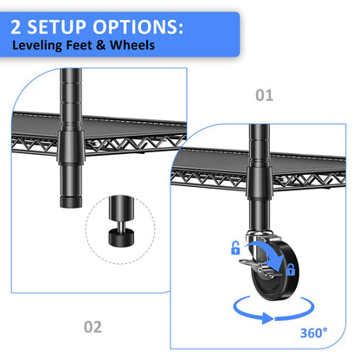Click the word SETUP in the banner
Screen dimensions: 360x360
57,27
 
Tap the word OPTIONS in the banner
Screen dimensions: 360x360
138,27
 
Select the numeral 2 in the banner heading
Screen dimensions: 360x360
16,27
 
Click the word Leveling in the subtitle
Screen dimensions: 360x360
37,45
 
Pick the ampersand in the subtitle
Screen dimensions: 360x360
101,45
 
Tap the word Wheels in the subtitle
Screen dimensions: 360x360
132,45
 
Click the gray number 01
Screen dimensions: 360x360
264,95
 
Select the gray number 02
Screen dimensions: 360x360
93,327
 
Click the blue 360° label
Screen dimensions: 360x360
314,333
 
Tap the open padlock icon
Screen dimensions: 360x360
235,247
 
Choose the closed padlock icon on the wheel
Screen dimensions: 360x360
291,269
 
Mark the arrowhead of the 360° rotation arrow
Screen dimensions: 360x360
267,318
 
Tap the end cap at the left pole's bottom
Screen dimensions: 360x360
71,202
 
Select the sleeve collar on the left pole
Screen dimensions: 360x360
71,147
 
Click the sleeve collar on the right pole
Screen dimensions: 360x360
260,183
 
